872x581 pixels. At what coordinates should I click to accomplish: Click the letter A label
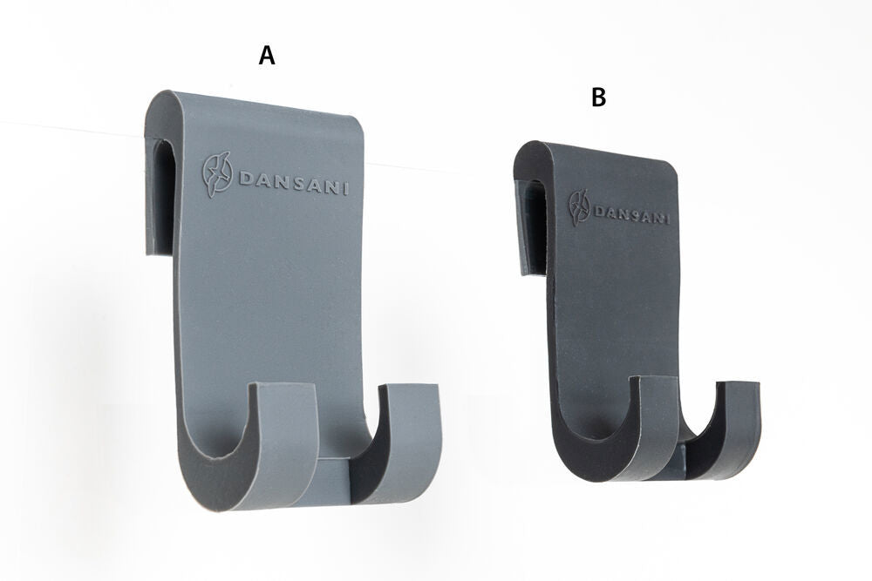267,56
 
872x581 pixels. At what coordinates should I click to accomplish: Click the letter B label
598,98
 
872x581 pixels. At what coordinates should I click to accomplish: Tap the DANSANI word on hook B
631,214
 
